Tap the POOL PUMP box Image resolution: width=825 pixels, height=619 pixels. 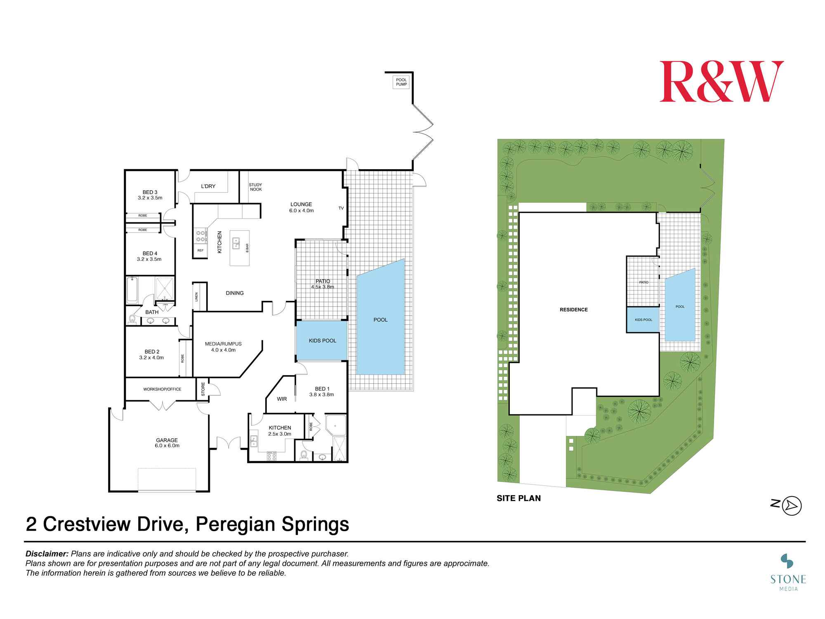tap(401, 82)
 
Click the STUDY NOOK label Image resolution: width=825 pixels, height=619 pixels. tap(255, 187)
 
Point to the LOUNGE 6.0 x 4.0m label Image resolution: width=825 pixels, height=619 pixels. tap(301, 207)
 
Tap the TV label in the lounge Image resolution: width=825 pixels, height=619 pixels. tap(341, 208)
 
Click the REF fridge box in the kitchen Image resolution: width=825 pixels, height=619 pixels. tap(200, 250)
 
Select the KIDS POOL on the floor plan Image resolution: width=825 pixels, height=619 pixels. tap(322, 341)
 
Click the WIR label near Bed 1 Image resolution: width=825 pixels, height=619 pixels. tap(282, 399)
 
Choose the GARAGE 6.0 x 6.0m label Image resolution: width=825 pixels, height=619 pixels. tap(167, 443)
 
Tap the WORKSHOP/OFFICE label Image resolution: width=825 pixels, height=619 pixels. tap(162, 389)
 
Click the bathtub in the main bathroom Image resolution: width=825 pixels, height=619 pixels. tap(132, 290)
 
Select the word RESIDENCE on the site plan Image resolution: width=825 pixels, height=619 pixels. tap(573, 309)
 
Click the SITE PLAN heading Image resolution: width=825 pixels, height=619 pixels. tap(519, 499)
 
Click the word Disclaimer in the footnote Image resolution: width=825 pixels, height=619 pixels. tap(47, 554)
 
